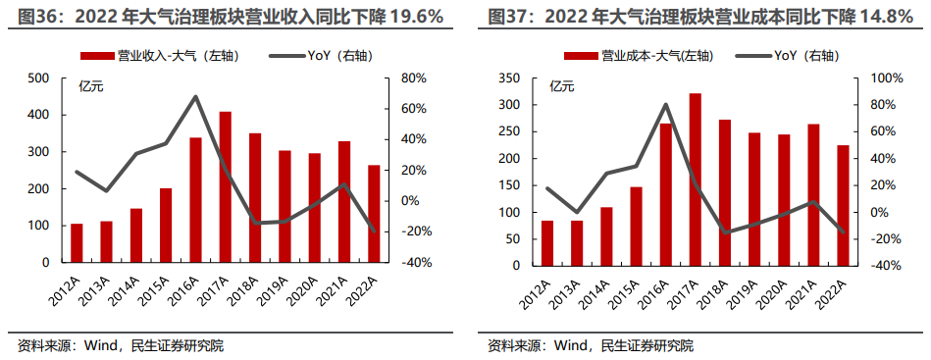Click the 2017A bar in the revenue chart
225,187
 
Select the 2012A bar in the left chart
77,243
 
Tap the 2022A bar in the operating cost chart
842,205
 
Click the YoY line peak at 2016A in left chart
196,96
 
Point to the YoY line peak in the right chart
666,104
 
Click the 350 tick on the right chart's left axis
508,77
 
